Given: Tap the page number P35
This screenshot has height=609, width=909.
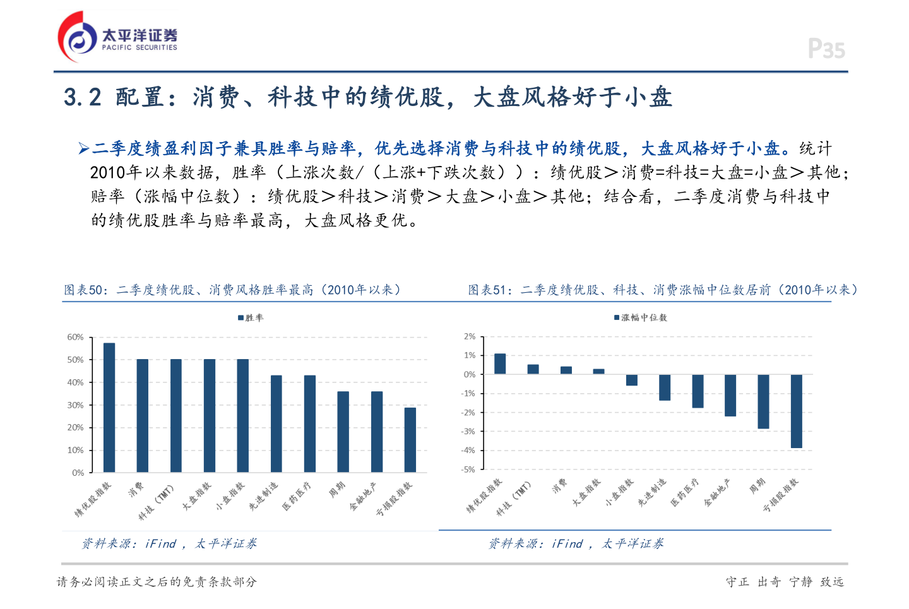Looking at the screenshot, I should pyautogui.click(x=826, y=49).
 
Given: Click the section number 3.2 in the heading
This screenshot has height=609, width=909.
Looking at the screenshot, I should pyautogui.click(x=82, y=97).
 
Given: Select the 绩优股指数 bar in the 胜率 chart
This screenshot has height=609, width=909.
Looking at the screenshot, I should pyautogui.click(x=109, y=408).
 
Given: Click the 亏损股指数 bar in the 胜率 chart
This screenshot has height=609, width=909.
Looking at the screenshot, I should pyautogui.click(x=410, y=440).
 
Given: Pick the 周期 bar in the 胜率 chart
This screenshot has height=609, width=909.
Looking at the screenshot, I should pyautogui.click(x=343, y=432).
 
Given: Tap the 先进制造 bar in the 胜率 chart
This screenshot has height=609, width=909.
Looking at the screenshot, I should pyautogui.click(x=276, y=423).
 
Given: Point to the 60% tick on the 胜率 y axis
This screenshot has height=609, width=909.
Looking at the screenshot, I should pyautogui.click(x=75, y=337).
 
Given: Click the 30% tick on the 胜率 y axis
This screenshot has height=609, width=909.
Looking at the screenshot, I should pyautogui.click(x=75, y=405).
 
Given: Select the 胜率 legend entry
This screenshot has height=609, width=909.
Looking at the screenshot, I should pyautogui.click(x=251, y=317).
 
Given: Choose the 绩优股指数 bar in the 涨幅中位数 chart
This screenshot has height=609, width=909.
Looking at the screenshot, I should pyautogui.click(x=500, y=364).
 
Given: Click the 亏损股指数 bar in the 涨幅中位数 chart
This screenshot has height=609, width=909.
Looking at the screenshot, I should pyautogui.click(x=796, y=411).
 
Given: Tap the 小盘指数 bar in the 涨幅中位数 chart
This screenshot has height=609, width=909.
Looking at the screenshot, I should pyautogui.click(x=631, y=380).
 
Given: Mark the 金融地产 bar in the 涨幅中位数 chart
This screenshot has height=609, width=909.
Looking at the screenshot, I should pyautogui.click(x=730, y=395).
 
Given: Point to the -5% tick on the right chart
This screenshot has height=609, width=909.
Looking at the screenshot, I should pyautogui.click(x=468, y=470).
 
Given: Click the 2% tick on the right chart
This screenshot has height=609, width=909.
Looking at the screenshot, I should pyautogui.click(x=470, y=336).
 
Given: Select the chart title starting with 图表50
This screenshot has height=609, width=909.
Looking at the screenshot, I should pyautogui.click(x=232, y=290).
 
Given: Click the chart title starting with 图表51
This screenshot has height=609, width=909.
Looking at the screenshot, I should pyautogui.click(x=663, y=290).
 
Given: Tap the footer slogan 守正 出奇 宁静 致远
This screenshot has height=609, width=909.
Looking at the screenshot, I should pyautogui.click(x=785, y=582).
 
